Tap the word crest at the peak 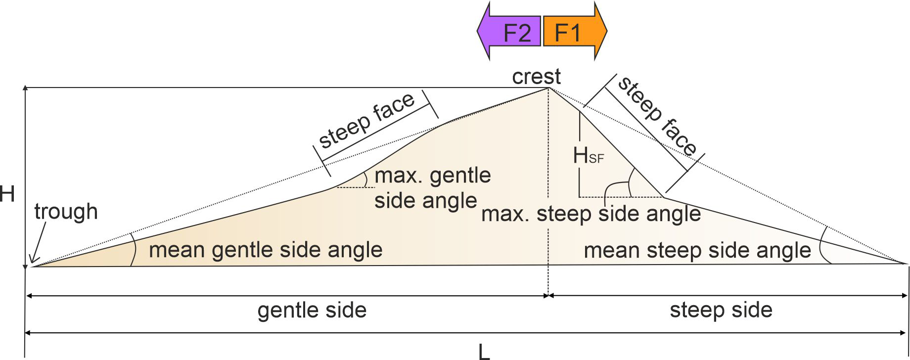click(x=536, y=77)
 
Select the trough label click(x=66, y=212)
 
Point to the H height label click(x=7, y=194)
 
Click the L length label click(x=484, y=352)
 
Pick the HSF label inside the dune click(x=588, y=156)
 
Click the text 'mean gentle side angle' click(x=266, y=250)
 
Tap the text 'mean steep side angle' click(x=697, y=250)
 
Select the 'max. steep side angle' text click(x=591, y=214)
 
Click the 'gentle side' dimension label click(x=312, y=311)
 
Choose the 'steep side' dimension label click(x=721, y=310)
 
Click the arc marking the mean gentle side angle click(x=134, y=250)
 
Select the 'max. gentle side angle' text click(x=432, y=188)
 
